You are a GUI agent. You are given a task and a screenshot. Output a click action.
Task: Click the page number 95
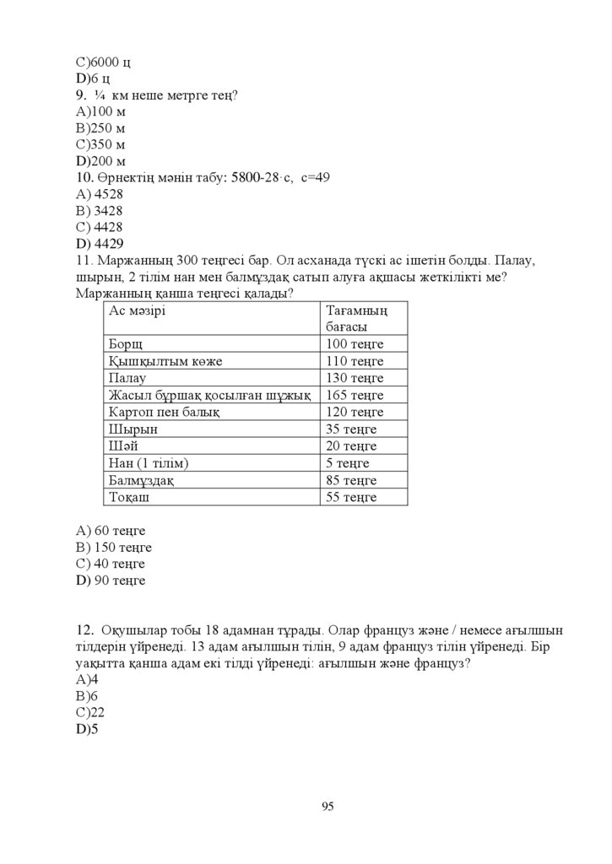pyautogui.click(x=328, y=807)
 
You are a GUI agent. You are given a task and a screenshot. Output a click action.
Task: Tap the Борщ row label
pyautogui.click(x=126, y=344)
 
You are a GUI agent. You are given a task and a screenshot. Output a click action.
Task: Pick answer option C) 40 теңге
pyautogui.click(x=111, y=564)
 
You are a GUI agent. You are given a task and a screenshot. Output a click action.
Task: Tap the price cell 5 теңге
pyautogui.click(x=348, y=463)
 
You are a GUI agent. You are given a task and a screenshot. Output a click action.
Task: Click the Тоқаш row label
pyautogui.click(x=131, y=497)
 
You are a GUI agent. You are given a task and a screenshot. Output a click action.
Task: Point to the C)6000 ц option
pyautogui.click(x=103, y=62)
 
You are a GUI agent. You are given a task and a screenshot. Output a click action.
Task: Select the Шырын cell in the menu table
pyautogui.click(x=133, y=429)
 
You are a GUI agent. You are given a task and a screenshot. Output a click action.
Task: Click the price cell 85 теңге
pyautogui.click(x=351, y=480)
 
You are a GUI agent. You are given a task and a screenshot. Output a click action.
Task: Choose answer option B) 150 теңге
pyautogui.click(x=113, y=547)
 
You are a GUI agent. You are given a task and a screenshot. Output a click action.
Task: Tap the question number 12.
pyautogui.click(x=84, y=630)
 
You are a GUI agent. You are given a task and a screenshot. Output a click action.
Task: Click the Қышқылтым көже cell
pyautogui.click(x=165, y=361)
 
